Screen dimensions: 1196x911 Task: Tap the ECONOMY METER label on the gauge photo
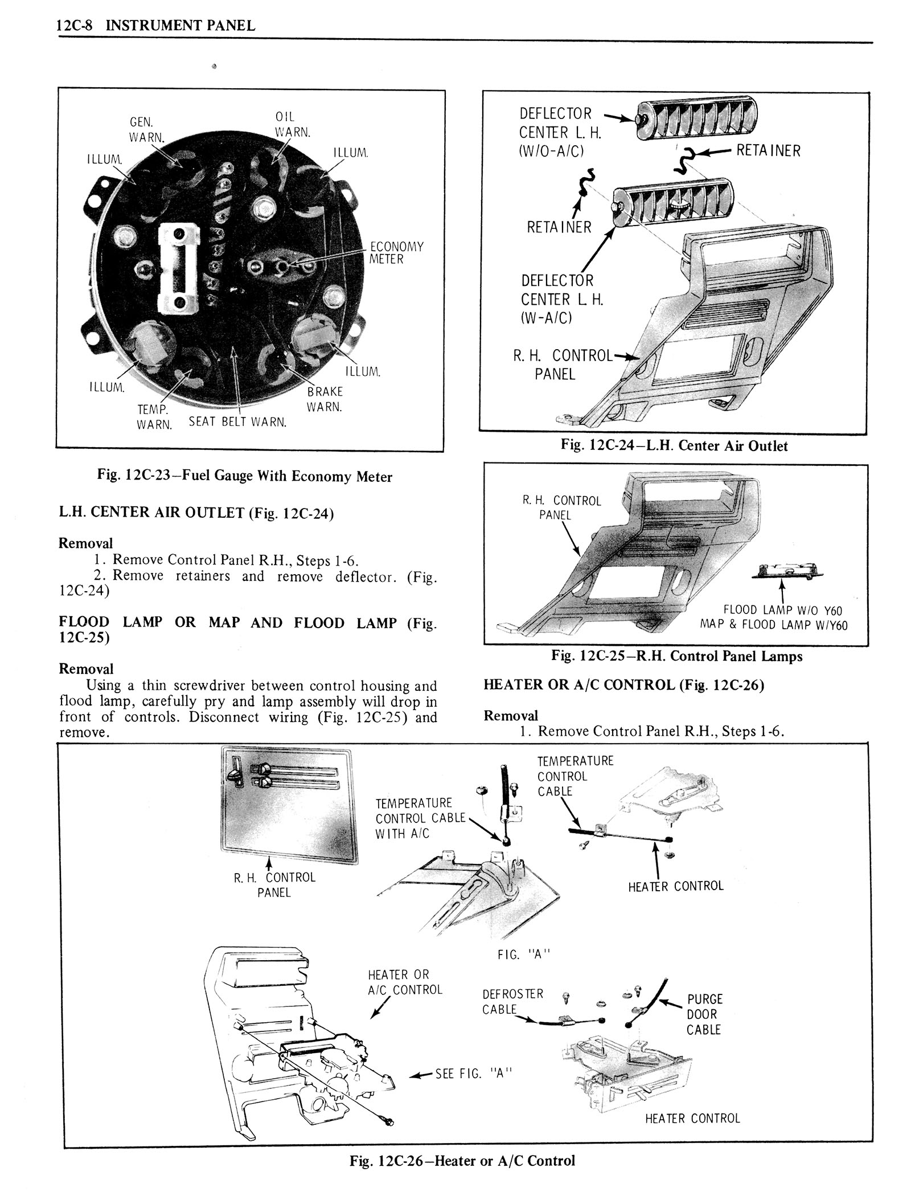[397, 253]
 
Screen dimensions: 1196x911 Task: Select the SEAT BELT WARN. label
[237, 423]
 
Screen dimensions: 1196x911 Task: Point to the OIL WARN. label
[292, 124]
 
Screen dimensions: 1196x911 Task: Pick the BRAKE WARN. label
[325, 399]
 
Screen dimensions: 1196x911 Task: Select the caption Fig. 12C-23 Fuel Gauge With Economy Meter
[244, 476]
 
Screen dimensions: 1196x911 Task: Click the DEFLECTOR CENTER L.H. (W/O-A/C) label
[555, 132]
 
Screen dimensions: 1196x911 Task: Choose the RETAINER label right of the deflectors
[768, 150]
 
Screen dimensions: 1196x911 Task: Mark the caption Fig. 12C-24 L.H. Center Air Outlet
[674, 445]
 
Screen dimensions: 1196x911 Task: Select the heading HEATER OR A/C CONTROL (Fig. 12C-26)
[623, 685]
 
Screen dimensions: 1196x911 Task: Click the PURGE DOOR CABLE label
[704, 1014]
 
